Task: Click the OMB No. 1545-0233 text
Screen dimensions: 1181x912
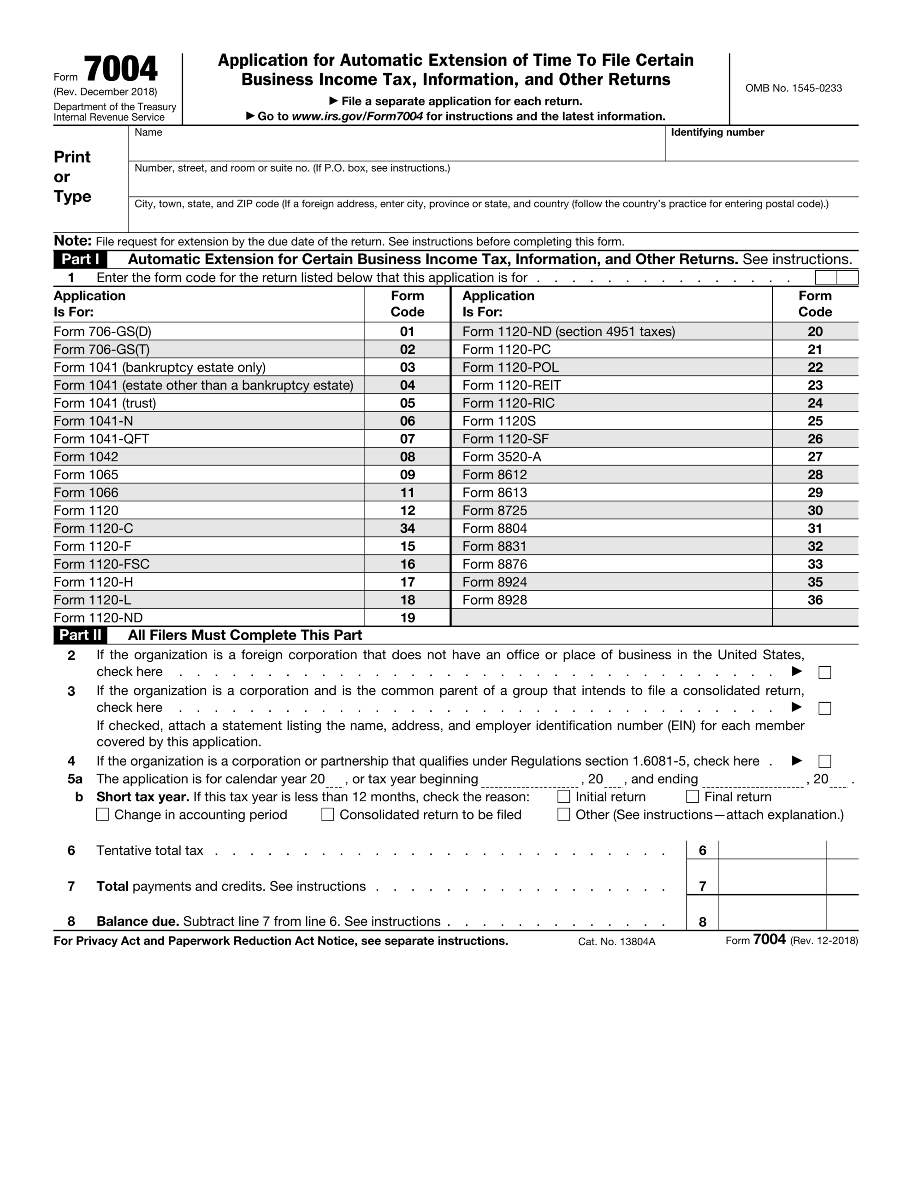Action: tap(793, 88)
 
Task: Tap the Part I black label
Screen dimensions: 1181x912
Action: tap(80, 260)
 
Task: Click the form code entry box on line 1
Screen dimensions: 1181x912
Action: tap(836, 278)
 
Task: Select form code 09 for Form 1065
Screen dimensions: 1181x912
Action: tap(407, 475)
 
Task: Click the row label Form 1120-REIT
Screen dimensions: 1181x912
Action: tap(511, 385)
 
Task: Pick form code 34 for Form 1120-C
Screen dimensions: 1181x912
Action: tap(407, 528)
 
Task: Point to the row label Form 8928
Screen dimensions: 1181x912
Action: tap(494, 600)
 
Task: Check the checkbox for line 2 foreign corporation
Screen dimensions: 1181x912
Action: tap(824, 673)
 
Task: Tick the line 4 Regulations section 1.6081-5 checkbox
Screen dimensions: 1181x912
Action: tap(824, 761)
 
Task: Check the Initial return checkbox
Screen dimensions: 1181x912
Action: tap(563, 797)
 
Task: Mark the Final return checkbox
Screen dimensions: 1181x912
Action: tap(692, 797)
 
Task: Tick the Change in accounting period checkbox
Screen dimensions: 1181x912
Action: tap(102, 814)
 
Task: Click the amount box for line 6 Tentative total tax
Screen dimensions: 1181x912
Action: tap(771, 850)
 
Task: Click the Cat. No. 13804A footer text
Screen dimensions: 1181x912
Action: tap(616, 942)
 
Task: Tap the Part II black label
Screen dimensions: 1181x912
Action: tap(80, 635)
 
